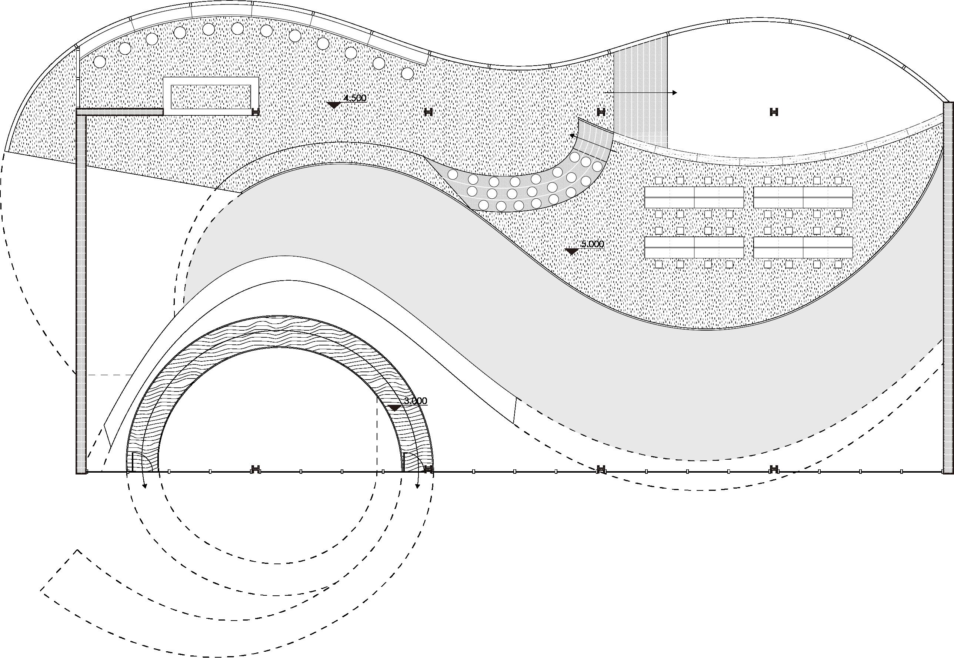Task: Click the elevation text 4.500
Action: pos(355,98)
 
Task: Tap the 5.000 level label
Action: pos(592,244)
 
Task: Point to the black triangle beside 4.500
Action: pos(333,105)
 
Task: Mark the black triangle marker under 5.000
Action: pos(571,251)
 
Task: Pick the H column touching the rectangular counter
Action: pos(256,112)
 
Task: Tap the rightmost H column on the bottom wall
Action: pos(774,469)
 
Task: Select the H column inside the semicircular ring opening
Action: pos(256,469)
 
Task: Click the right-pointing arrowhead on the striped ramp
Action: pos(674,93)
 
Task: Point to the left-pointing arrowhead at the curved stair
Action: pos(572,135)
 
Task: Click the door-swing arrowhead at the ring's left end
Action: pos(144,486)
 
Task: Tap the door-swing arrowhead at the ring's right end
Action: pos(417,486)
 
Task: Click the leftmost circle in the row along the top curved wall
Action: pos(100,62)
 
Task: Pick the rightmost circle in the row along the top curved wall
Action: pos(407,74)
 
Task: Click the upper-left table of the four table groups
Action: pos(694,197)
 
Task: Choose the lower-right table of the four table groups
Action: pos(803,247)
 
